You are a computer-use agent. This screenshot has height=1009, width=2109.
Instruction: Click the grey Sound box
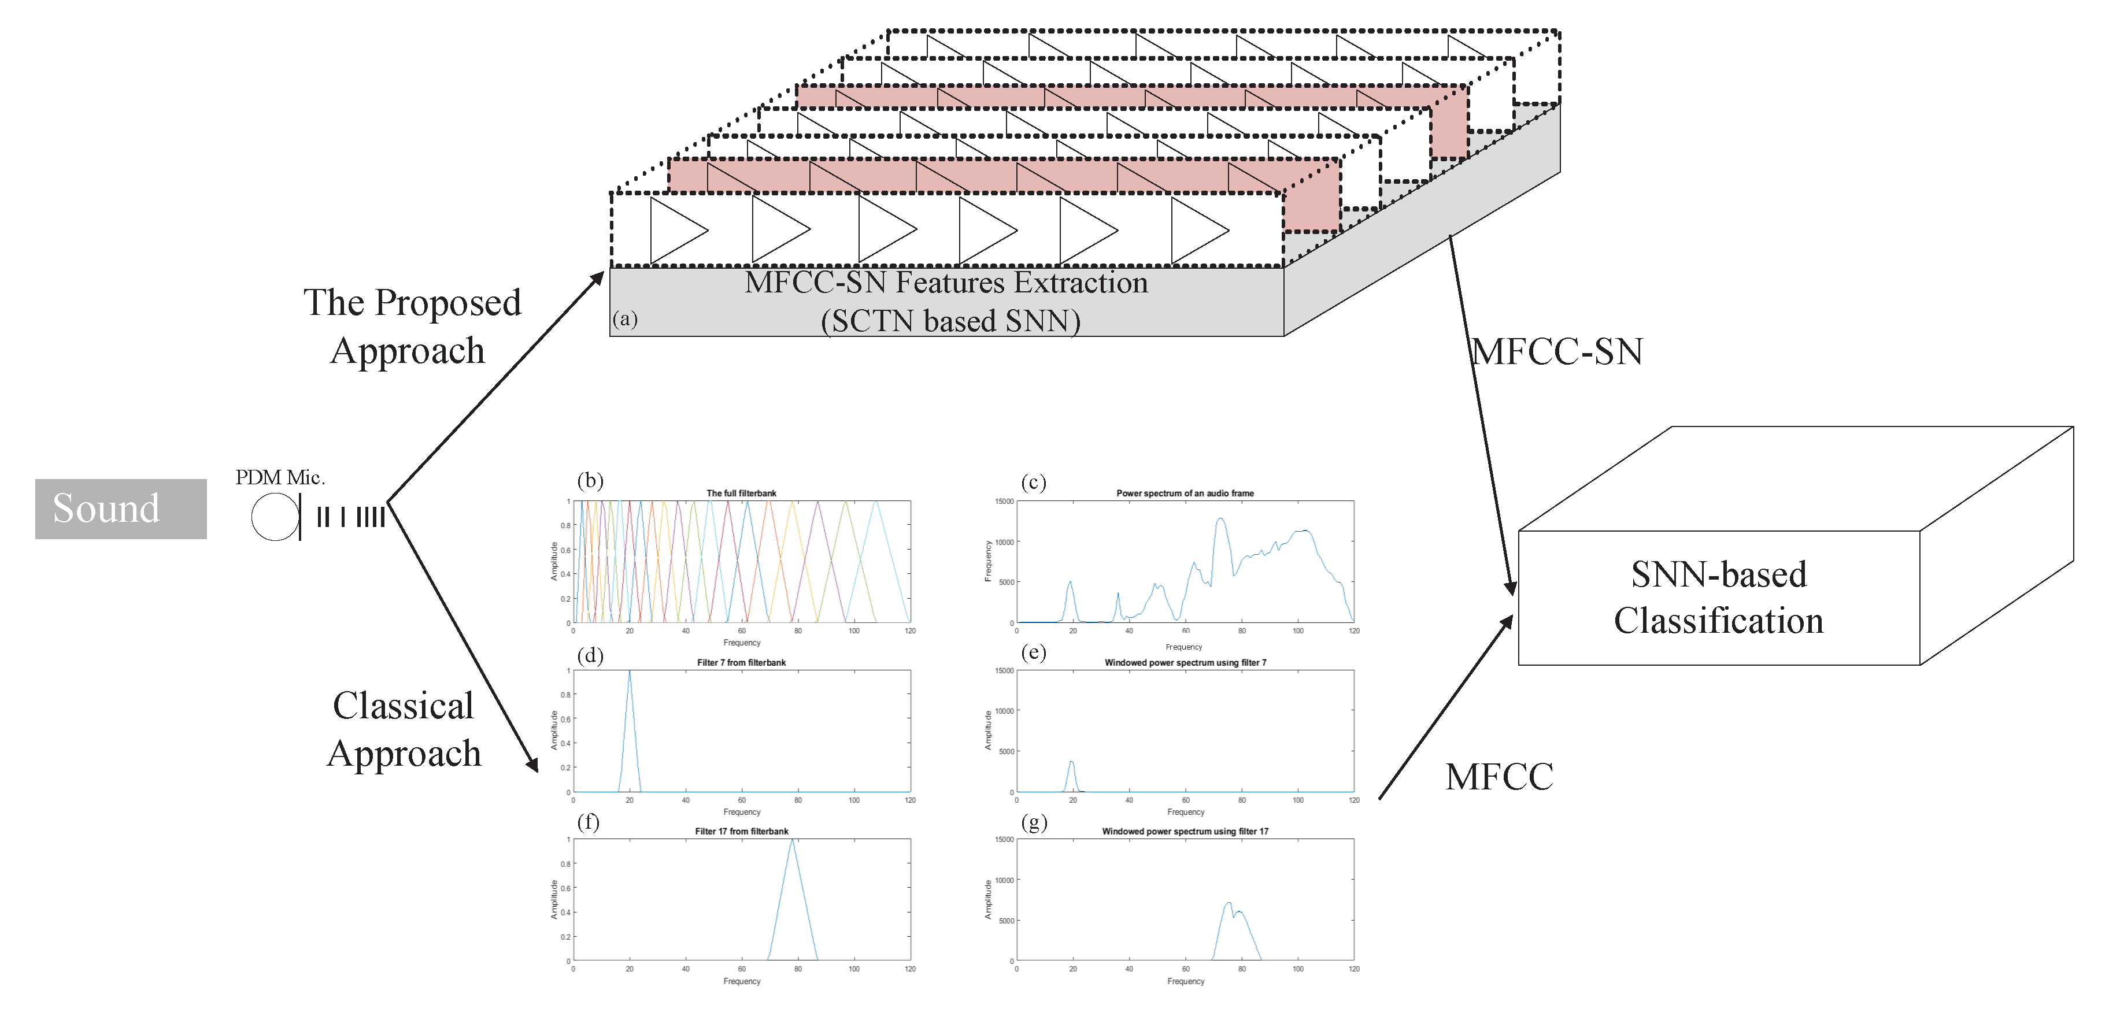(120, 508)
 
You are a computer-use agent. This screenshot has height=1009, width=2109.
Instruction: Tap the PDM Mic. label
(280, 477)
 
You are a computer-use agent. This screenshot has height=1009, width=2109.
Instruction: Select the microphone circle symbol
(274, 517)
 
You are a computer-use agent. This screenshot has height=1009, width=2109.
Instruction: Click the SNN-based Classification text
(1718, 598)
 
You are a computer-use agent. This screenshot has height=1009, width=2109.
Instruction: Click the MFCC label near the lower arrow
(1499, 777)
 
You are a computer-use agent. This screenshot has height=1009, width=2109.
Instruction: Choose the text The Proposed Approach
(412, 326)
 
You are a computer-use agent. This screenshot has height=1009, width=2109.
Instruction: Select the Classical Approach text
(404, 729)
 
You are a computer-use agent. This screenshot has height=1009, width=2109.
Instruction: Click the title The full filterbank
(741, 494)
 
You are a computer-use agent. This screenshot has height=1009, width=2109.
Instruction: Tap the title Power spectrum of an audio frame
(1185, 494)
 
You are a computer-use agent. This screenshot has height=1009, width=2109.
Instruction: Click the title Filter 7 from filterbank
(741, 663)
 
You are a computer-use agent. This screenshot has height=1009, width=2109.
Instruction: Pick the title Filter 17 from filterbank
(741, 832)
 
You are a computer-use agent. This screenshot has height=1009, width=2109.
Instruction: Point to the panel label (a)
(625, 318)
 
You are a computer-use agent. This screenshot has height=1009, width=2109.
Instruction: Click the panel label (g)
(1034, 822)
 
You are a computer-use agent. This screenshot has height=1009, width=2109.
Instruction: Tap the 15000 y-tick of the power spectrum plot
(1004, 502)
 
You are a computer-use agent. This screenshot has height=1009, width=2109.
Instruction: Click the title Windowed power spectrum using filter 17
(1185, 832)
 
